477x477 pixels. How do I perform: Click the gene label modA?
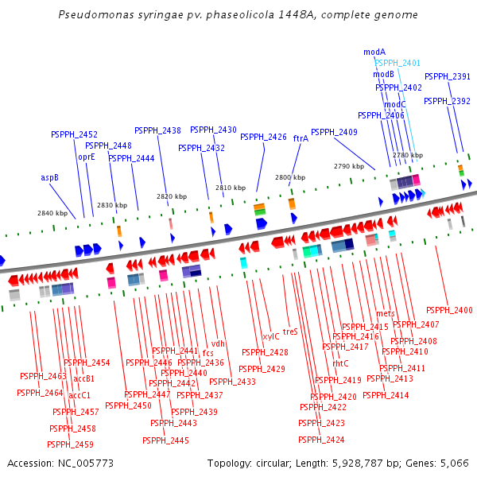coord(374,52)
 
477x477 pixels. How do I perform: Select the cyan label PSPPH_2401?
coord(397,63)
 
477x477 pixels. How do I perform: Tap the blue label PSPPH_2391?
coord(447,76)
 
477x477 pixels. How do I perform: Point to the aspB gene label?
coord(50,177)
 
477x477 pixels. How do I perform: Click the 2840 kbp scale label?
coord(52,213)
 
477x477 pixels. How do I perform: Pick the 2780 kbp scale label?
coord(408,156)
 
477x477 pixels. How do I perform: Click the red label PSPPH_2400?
coord(449,310)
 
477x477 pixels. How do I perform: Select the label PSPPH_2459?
coord(71,444)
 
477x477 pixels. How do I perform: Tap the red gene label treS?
coord(290,332)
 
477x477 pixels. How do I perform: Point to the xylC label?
coord(271,336)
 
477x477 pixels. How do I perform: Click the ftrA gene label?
coord(301,138)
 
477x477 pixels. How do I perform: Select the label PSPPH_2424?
coord(321,440)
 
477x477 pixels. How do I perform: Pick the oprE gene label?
coord(86,157)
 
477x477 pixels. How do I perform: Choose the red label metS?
coord(386,313)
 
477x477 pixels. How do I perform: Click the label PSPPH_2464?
coord(40,393)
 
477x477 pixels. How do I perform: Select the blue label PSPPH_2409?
coord(334,132)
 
